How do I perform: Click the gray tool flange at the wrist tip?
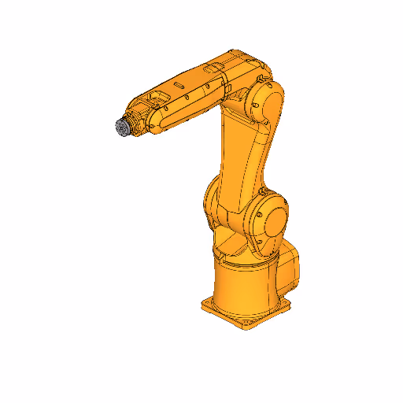(121, 128)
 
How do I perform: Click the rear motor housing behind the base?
(290, 266)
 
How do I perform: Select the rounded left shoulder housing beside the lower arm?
(211, 201)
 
